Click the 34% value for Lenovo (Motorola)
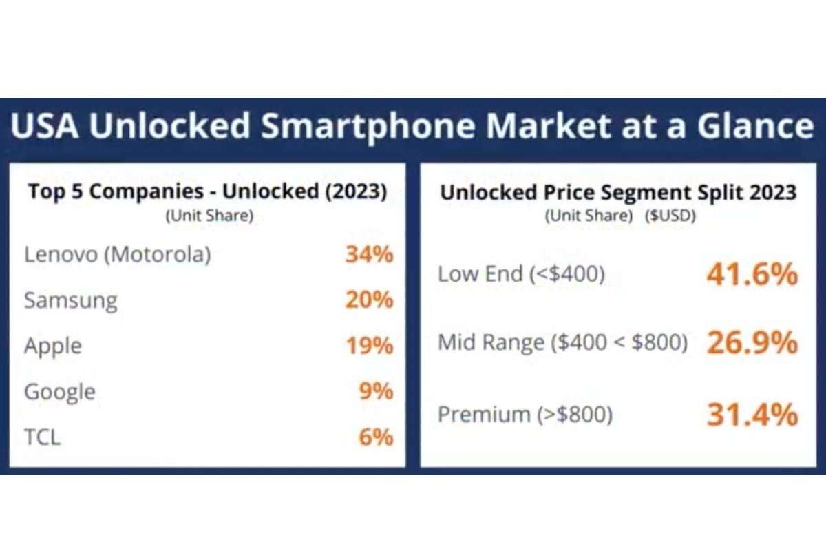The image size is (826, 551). click(x=369, y=255)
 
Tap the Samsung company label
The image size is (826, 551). click(x=70, y=301)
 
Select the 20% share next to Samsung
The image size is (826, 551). click(x=369, y=300)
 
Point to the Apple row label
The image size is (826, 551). click(x=53, y=346)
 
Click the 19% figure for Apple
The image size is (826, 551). click(x=369, y=346)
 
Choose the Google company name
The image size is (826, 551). click(x=60, y=392)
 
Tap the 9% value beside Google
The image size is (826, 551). click(x=376, y=391)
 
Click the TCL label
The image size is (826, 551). click(x=42, y=437)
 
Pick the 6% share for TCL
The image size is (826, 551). click(x=376, y=437)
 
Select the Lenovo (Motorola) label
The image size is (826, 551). click(x=117, y=255)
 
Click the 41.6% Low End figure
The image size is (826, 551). click(x=752, y=275)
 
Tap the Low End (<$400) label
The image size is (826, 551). click(x=521, y=275)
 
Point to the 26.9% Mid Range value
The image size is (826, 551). click(x=752, y=343)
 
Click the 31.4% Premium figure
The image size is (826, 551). click(x=752, y=415)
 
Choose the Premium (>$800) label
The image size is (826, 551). click(x=525, y=415)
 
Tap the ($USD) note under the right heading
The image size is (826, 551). click(x=670, y=216)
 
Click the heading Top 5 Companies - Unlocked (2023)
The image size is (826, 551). click(x=207, y=191)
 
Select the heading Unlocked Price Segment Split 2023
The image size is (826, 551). click(x=618, y=192)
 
